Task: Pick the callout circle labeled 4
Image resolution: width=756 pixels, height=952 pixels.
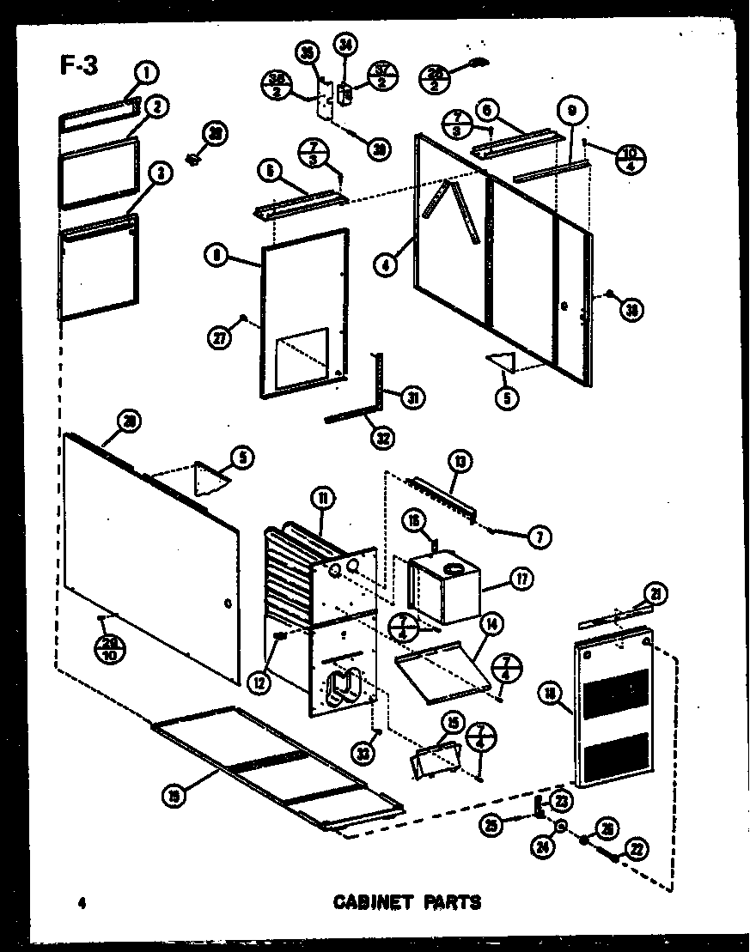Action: click(387, 266)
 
